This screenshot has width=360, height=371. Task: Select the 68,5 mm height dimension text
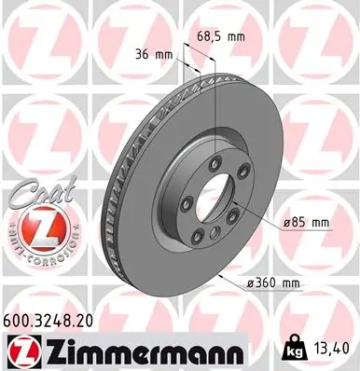coord(221,36)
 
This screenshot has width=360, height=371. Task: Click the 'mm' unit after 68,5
coord(237,36)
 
